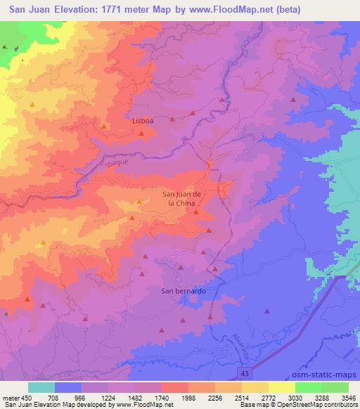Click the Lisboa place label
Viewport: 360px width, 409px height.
point(143,120)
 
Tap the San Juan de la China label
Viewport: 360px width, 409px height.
point(182,197)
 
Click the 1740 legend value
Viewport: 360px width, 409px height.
point(162,396)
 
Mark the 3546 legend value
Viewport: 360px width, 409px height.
point(348,396)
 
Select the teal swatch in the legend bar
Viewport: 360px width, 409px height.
point(41,387)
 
